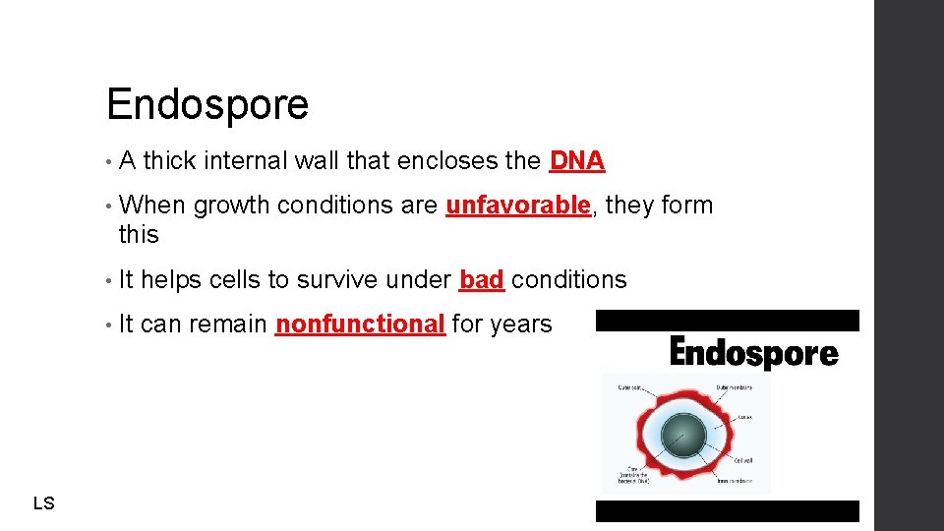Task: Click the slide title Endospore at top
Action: click(x=207, y=104)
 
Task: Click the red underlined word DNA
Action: click(x=577, y=160)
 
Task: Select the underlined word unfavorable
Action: click(x=518, y=205)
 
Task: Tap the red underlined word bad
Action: click(x=482, y=279)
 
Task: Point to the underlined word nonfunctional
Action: click(x=360, y=324)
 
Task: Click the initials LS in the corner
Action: click(x=43, y=503)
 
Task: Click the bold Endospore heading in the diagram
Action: click(x=753, y=352)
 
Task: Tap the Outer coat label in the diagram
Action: click(x=631, y=386)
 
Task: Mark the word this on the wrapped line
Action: click(x=139, y=234)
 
